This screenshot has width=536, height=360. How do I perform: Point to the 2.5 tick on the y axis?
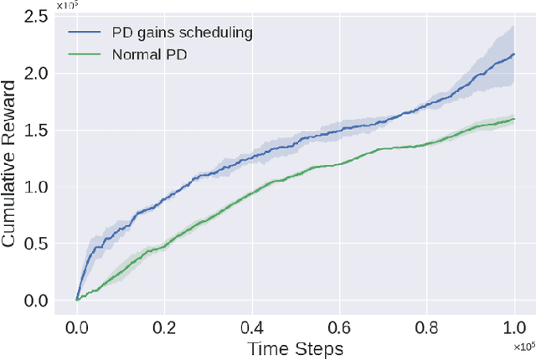36,16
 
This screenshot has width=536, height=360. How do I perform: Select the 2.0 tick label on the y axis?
36,73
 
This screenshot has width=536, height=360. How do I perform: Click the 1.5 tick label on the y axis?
36,130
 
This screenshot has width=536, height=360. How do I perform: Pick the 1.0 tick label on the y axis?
36,187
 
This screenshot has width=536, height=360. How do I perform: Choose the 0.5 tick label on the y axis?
36,244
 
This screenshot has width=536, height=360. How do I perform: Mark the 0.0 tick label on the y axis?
36,301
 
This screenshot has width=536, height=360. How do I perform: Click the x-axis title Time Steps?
295,347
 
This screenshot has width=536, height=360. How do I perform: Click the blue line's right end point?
513,54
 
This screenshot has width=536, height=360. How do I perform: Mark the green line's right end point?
513,119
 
